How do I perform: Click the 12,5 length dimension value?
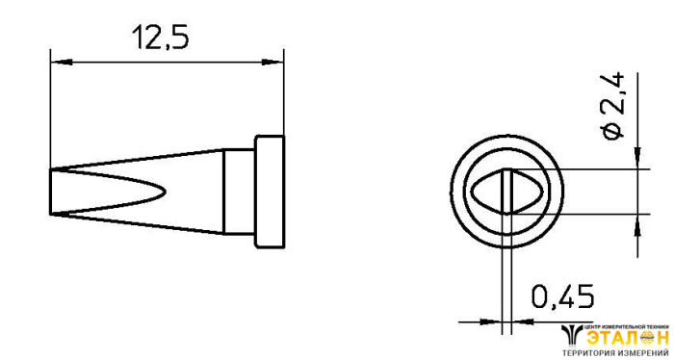tap(161, 37)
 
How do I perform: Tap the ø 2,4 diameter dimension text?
tap(613, 106)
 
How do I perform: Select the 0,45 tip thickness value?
tap(562, 296)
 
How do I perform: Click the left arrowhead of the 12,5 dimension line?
tap(61, 63)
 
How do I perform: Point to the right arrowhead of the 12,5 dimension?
tap(272, 63)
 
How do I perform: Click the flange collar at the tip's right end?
tap(270, 192)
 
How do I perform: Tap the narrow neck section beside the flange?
tap(239, 192)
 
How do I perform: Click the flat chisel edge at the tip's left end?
tap(51, 192)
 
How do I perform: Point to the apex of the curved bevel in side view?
tap(165, 192)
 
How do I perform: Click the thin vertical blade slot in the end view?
tap(506, 192)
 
